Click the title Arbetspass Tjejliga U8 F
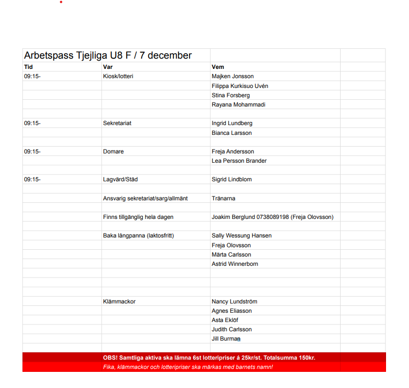(x=108, y=56)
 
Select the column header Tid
(x=28, y=66)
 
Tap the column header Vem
(x=217, y=66)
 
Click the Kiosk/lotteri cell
(x=118, y=76)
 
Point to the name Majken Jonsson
(x=233, y=76)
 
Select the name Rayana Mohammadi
(x=238, y=105)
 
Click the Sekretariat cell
(x=117, y=123)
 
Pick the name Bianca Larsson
(x=232, y=133)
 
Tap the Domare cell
(x=113, y=151)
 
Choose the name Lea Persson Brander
(x=239, y=161)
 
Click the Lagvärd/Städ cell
(x=120, y=179)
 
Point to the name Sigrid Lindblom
(x=232, y=179)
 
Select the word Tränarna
(x=224, y=198)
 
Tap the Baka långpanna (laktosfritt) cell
(x=138, y=236)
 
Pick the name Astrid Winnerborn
(x=235, y=264)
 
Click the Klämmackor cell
(x=119, y=302)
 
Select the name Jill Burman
(x=226, y=339)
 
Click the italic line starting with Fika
(x=188, y=367)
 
